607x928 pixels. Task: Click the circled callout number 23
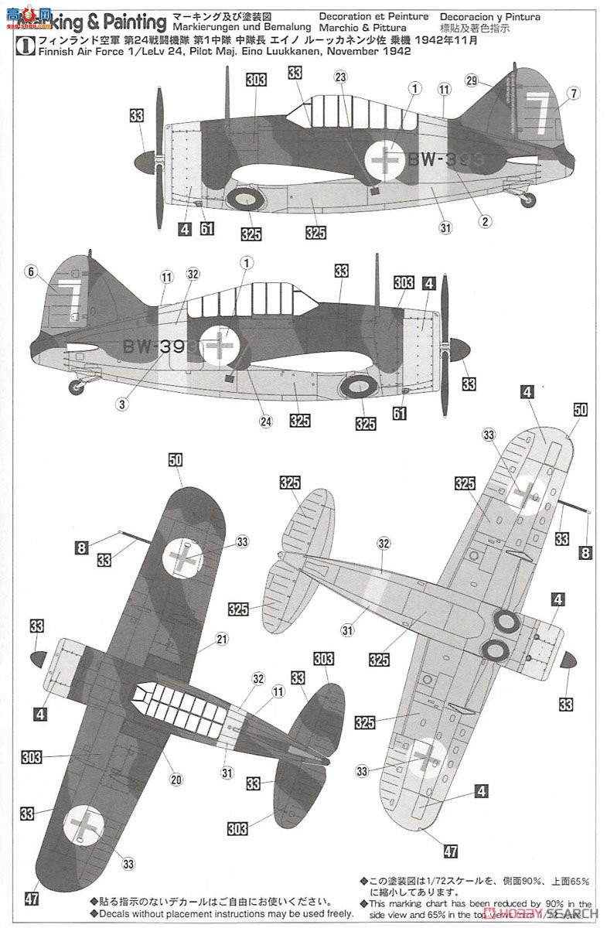340,98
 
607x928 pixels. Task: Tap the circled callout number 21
223,639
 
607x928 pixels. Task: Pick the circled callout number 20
176,780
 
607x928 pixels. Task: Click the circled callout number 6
30,271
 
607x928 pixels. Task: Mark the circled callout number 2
485,220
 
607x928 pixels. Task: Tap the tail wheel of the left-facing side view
527,200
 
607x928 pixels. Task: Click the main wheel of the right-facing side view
363,387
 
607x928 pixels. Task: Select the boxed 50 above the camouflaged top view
176,459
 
